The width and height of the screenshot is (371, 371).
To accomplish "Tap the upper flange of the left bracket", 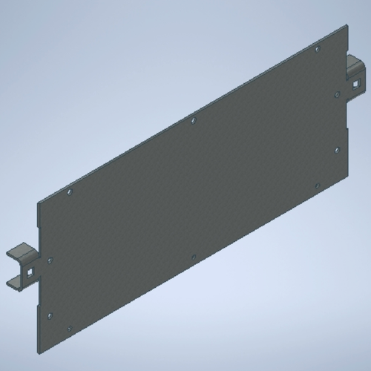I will [21, 252].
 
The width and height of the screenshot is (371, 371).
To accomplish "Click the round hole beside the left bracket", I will [50, 260].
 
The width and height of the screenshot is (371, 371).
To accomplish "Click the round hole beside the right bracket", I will [337, 94].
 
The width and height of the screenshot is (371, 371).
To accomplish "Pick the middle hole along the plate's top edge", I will [193, 118].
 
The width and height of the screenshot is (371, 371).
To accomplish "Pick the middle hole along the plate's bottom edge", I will [194, 257].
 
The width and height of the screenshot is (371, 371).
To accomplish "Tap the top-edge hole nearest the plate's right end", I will [317, 49].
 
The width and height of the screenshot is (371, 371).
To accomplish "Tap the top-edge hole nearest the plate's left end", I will [70, 191].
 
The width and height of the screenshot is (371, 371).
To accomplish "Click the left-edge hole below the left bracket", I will [50, 315].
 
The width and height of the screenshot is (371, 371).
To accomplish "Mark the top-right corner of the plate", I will [347, 25].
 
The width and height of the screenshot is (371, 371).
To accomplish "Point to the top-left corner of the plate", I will [39, 201].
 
